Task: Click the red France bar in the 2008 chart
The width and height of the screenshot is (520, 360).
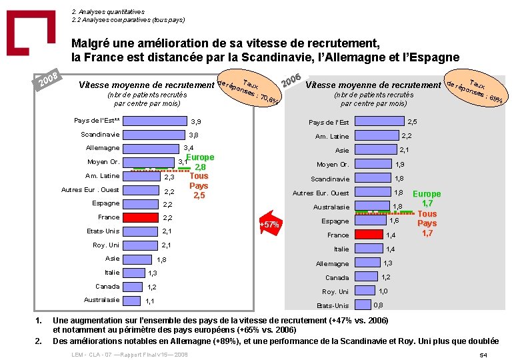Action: pos(140,217)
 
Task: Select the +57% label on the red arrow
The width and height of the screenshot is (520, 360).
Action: pos(270,225)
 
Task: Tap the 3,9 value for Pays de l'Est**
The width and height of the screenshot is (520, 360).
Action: pos(196,122)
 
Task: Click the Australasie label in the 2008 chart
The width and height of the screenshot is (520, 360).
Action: pos(102,300)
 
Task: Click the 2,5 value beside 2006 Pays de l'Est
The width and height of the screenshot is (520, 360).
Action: pos(413,122)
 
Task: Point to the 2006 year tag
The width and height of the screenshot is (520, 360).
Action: pos(293,79)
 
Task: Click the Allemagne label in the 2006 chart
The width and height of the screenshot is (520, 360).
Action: pos(333,263)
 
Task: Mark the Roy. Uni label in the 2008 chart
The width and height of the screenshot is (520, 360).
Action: pos(105,245)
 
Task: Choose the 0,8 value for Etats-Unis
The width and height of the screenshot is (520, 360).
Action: pos(378,305)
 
